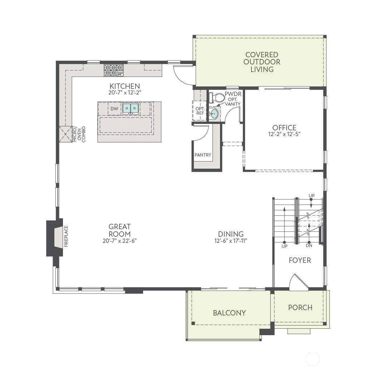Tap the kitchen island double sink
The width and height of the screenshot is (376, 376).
pyautogui.click(x=131, y=109)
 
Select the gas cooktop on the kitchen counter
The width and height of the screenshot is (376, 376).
pyautogui.click(x=114, y=70)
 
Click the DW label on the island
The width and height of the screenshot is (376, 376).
pyautogui.click(x=114, y=109)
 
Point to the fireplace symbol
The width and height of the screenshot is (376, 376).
pyautogui.click(x=55, y=237)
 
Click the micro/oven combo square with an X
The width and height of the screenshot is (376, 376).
pyautogui.click(x=66, y=134)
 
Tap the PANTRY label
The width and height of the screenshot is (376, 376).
pyautogui.click(x=203, y=155)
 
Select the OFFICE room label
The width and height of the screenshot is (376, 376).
pyautogui.click(x=284, y=127)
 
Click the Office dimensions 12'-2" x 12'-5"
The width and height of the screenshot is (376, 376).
pyautogui.click(x=284, y=134)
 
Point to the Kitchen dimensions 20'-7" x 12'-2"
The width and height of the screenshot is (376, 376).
pyautogui.click(x=125, y=93)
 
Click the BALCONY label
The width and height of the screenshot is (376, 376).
pyautogui.click(x=229, y=313)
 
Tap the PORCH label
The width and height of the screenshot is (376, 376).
pyautogui.click(x=300, y=308)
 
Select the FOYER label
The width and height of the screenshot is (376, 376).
pyautogui.click(x=300, y=260)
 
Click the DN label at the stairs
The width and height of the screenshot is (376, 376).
pyautogui.click(x=309, y=246)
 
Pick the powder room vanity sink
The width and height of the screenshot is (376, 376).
pyautogui.click(x=213, y=113)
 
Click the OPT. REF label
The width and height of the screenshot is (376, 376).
pyautogui.click(x=200, y=111)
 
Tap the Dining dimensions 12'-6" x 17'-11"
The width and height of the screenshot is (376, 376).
pyautogui.click(x=231, y=241)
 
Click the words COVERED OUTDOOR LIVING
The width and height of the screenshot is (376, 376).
pyautogui.click(x=262, y=62)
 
